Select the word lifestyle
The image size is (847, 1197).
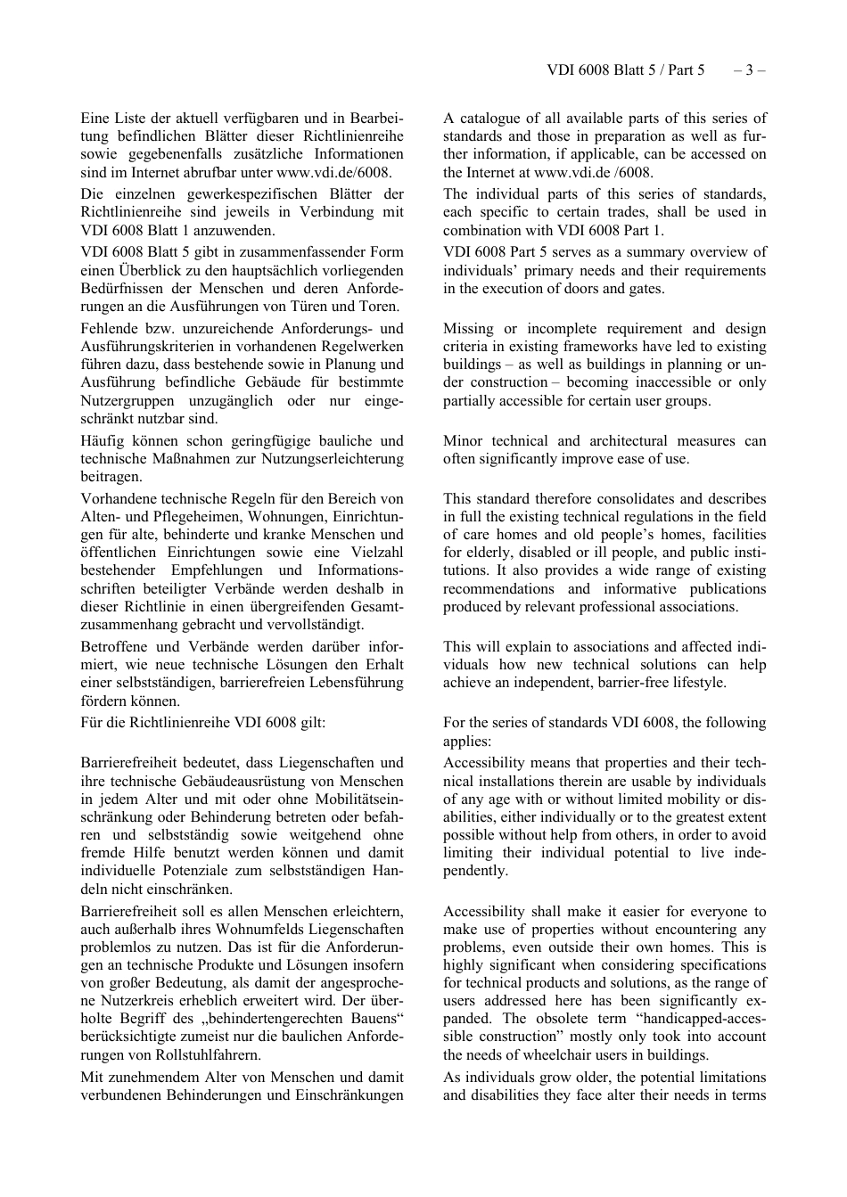coord(700,683)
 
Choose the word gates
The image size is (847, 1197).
coord(644,289)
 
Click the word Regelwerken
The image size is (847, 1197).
coord(363,347)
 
